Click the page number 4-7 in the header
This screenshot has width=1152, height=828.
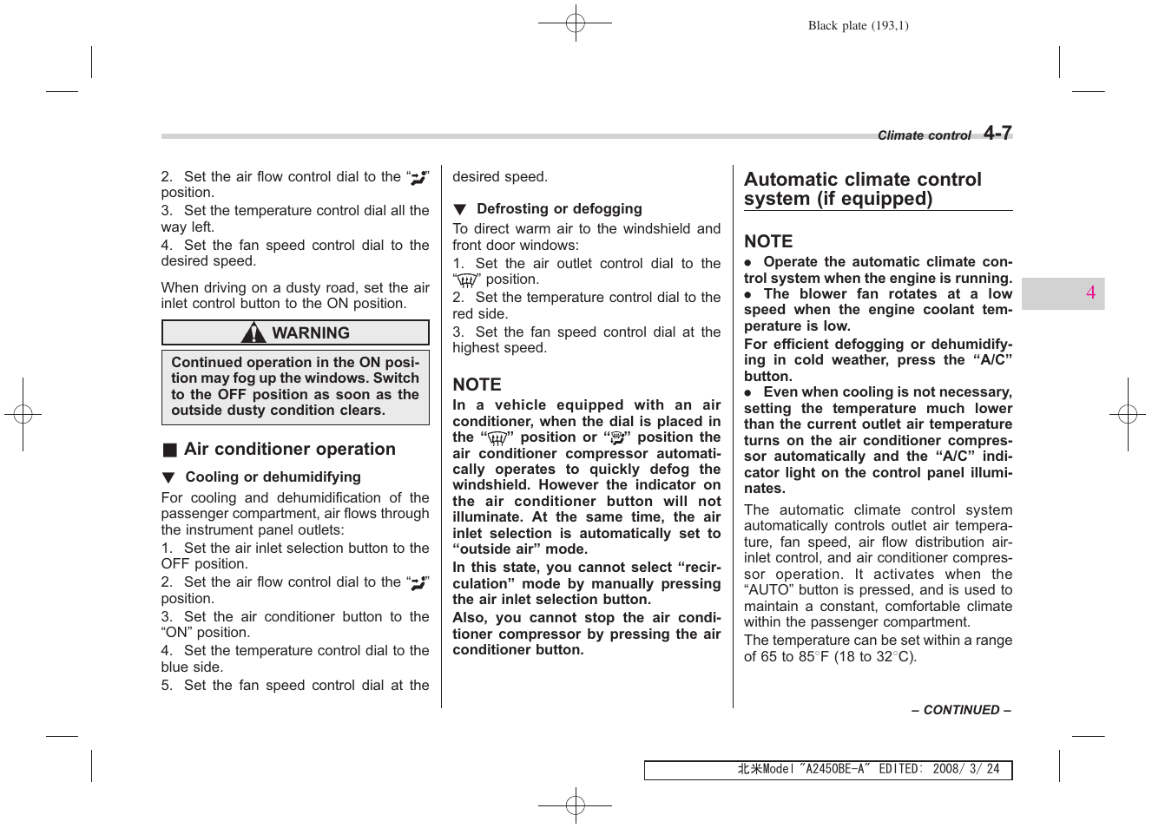pyautogui.click(x=997, y=133)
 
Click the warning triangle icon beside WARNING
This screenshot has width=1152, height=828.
pyautogui.click(x=253, y=333)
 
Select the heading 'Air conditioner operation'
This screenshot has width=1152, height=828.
pyautogui.click(x=289, y=450)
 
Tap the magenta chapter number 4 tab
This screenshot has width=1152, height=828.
pyautogui.click(x=1090, y=293)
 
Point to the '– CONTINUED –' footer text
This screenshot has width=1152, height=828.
pyautogui.click(x=961, y=710)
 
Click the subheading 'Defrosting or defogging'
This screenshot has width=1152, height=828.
pyautogui.click(x=559, y=209)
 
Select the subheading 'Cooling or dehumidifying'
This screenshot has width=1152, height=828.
pyautogui.click(x=273, y=477)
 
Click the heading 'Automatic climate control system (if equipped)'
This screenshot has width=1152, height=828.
pyautogui.click(x=862, y=189)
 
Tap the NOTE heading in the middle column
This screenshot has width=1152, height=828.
pyautogui.click(x=477, y=384)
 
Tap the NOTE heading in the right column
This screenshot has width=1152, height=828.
pyautogui.click(x=768, y=241)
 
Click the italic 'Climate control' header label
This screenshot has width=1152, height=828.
pyautogui.click(x=924, y=135)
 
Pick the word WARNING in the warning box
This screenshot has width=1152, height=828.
pyautogui.click(x=311, y=333)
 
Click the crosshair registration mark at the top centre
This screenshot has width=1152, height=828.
pyautogui.click(x=575, y=23)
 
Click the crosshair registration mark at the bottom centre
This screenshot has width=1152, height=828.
pyautogui.click(x=575, y=805)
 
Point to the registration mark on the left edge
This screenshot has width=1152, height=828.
pyautogui.click(x=23, y=415)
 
